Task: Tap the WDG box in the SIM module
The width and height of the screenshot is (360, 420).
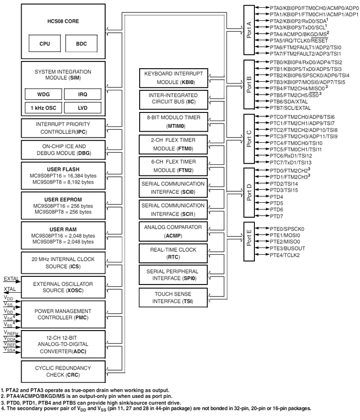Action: [x=43, y=93]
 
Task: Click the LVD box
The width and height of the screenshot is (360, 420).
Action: [x=83, y=106]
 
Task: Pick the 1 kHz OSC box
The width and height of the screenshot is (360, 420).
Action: [x=43, y=106]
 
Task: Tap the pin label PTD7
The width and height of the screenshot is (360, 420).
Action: [x=276, y=216]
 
